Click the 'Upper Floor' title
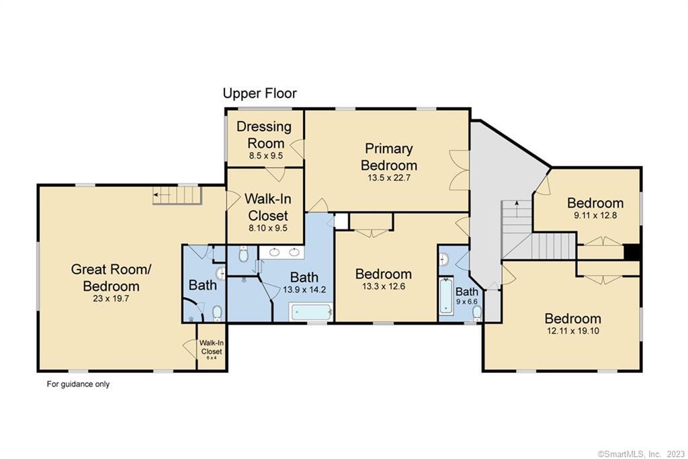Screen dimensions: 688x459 pyautogui.click(x=260, y=93)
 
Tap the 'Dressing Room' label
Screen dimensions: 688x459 pyautogui.click(x=264, y=134)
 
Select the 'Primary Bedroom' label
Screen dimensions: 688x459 pyautogui.click(x=389, y=157)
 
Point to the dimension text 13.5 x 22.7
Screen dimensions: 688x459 pyautogui.click(x=389, y=177)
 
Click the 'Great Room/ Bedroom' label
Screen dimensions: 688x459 pyautogui.click(x=111, y=278)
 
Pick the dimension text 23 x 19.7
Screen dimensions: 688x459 pyautogui.click(x=111, y=298)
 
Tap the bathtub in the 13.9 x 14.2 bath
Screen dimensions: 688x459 pyautogui.click(x=311, y=312)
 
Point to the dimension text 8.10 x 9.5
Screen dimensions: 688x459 pyautogui.click(x=267, y=228)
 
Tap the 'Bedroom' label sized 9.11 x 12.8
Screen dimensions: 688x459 pyautogui.click(x=595, y=203)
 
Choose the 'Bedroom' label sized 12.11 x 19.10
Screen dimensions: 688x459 pyautogui.click(x=572, y=318)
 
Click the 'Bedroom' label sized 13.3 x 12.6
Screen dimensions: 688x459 pyautogui.click(x=384, y=274)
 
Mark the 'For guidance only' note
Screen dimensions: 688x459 pyautogui.click(x=78, y=384)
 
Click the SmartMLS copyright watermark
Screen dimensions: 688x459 pyautogui.click(x=640, y=454)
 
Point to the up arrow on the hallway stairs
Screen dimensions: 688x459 pyautogui.click(x=517, y=209)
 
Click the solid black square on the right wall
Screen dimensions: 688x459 pyautogui.click(x=632, y=252)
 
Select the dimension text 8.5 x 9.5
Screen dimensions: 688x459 pyautogui.click(x=266, y=155)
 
